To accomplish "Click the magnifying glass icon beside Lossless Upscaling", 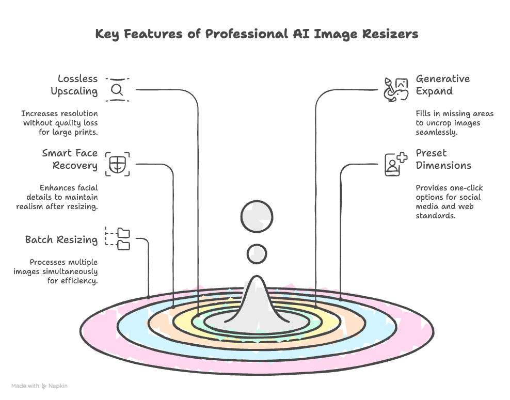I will pyautogui.click(x=117, y=90).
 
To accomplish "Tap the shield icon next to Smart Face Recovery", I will pyautogui.click(x=117, y=164).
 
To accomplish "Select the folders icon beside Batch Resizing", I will pyautogui.click(x=118, y=239).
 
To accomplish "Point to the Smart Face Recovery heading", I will pyautogui.click(x=70, y=159).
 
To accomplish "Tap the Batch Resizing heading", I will pyautogui.click(x=61, y=240).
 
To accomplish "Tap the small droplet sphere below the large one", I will pyautogui.click(x=257, y=253).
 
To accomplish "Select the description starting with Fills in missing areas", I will pyautogui.click(x=454, y=123).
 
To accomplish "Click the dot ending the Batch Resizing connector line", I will pyautogui.click(x=149, y=297).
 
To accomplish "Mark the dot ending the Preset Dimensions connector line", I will pyautogui.click(x=340, y=298).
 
